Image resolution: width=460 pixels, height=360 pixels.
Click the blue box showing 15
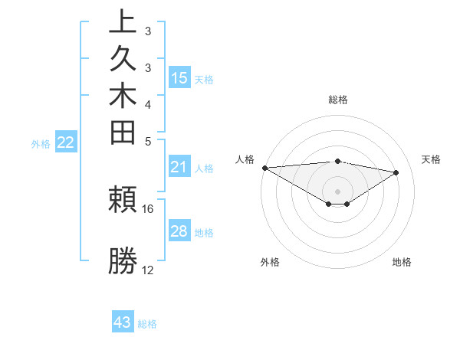[x=179, y=78]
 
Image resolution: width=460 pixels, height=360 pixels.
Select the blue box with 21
[x=179, y=168]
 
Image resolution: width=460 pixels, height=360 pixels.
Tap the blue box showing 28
[x=179, y=231]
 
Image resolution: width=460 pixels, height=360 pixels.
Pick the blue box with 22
[x=66, y=142]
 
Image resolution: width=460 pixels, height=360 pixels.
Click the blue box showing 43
[x=123, y=322]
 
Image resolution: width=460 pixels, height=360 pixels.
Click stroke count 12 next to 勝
[x=148, y=270]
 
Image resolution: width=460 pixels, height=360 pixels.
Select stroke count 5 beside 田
[x=148, y=141]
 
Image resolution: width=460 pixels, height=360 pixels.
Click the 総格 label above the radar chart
[x=338, y=100]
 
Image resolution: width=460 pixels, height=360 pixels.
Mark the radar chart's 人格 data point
[x=264, y=167]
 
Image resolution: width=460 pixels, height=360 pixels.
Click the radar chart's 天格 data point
[x=396, y=172]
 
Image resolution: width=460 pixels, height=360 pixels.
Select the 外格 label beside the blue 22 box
[x=41, y=143]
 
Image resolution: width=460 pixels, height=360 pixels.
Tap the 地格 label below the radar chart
[x=402, y=263]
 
